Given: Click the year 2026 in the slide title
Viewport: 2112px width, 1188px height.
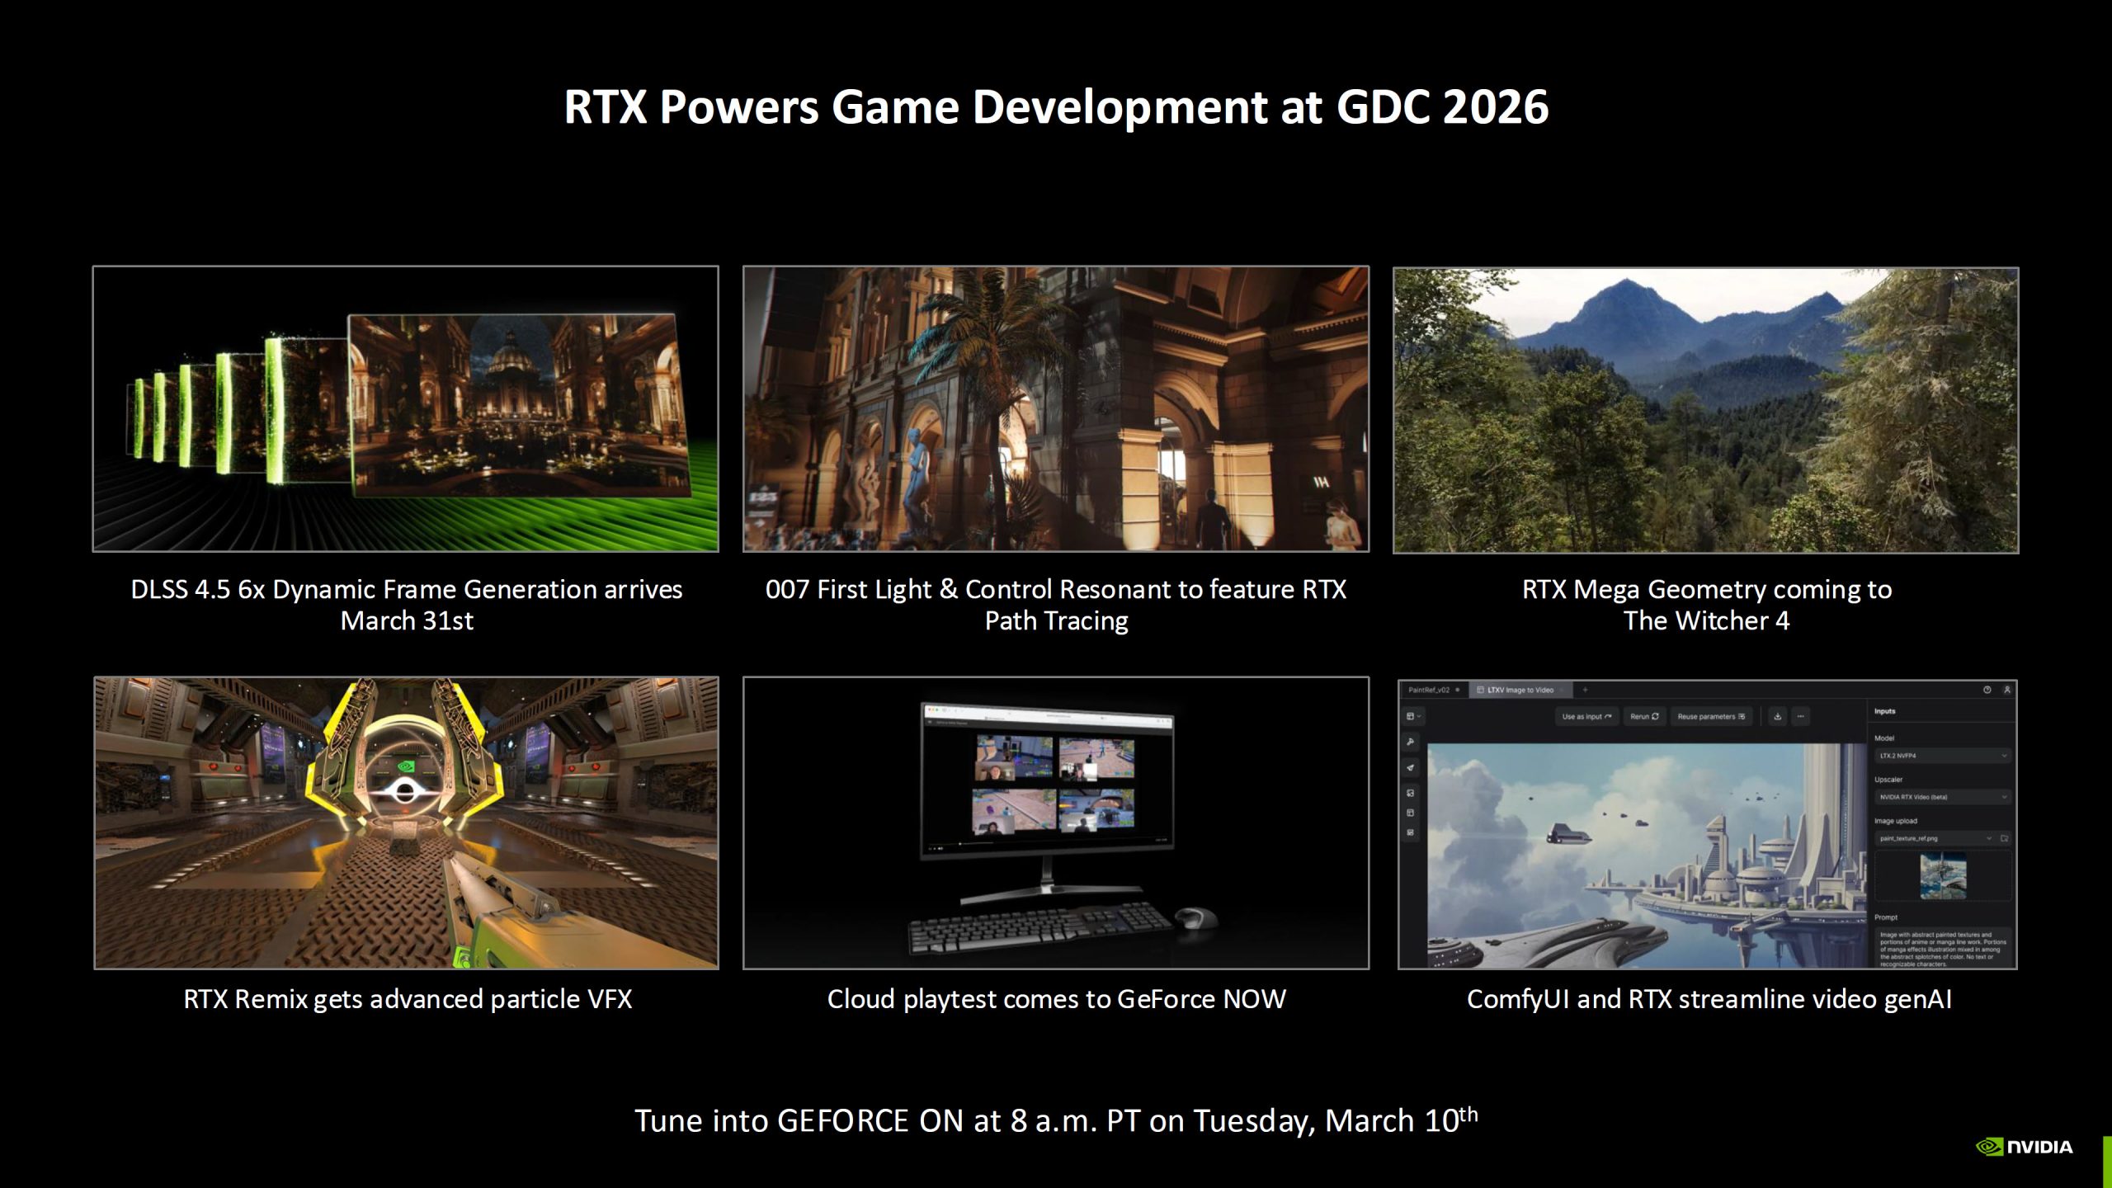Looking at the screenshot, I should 1495,107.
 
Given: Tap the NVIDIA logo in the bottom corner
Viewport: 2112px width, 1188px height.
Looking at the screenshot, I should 2024,1147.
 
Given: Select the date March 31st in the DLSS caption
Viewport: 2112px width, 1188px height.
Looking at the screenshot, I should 407,620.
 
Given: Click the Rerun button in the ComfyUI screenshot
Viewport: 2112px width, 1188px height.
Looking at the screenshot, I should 1643,716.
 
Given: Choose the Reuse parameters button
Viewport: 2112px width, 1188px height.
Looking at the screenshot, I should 1710,716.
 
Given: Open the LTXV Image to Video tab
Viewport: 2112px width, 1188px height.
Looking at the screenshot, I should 1520,690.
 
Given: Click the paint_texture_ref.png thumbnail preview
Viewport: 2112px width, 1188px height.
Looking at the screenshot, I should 1943,875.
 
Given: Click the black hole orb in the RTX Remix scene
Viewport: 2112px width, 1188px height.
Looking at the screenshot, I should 404,792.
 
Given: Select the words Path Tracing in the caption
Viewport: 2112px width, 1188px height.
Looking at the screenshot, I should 1056,620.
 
